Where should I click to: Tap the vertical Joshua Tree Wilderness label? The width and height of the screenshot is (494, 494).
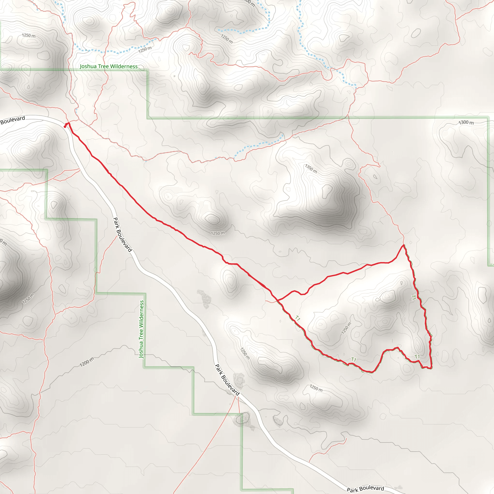(141, 329)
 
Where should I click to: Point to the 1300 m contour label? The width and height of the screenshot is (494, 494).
(466, 123)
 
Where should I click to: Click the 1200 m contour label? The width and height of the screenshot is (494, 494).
(87, 362)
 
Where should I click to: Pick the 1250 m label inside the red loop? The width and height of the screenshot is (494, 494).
(346, 328)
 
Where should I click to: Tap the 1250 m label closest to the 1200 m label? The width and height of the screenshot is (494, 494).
(28, 299)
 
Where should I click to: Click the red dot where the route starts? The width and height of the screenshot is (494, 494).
(65, 126)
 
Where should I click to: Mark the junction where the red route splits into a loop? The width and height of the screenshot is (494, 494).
(277, 300)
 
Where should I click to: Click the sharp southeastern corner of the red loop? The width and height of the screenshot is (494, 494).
(431, 368)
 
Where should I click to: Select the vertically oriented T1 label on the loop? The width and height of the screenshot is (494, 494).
(413, 297)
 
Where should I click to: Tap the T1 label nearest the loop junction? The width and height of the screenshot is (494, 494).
(298, 318)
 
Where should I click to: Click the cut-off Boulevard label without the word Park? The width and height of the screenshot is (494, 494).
(13, 120)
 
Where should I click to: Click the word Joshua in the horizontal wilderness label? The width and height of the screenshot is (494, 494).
(88, 67)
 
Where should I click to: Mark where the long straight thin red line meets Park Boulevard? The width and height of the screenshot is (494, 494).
(235, 396)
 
